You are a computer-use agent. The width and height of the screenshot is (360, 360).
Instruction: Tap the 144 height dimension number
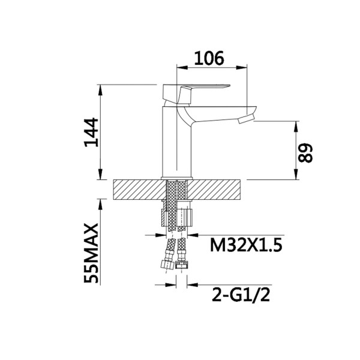[x=91, y=133]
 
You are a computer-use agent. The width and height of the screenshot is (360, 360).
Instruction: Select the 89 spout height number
[x=305, y=153]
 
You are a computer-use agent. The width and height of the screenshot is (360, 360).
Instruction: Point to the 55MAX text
[x=91, y=253]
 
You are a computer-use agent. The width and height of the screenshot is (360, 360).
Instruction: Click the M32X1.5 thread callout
[x=246, y=245]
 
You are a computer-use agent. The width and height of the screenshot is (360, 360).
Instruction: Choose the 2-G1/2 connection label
[x=241, y=295]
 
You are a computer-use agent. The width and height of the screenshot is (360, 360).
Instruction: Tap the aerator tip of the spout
[x=246, y=119]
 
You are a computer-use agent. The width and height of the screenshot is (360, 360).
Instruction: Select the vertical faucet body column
[x=177, y=142]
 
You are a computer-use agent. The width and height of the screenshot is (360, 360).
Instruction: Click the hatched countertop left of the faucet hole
[x=140, y=190]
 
